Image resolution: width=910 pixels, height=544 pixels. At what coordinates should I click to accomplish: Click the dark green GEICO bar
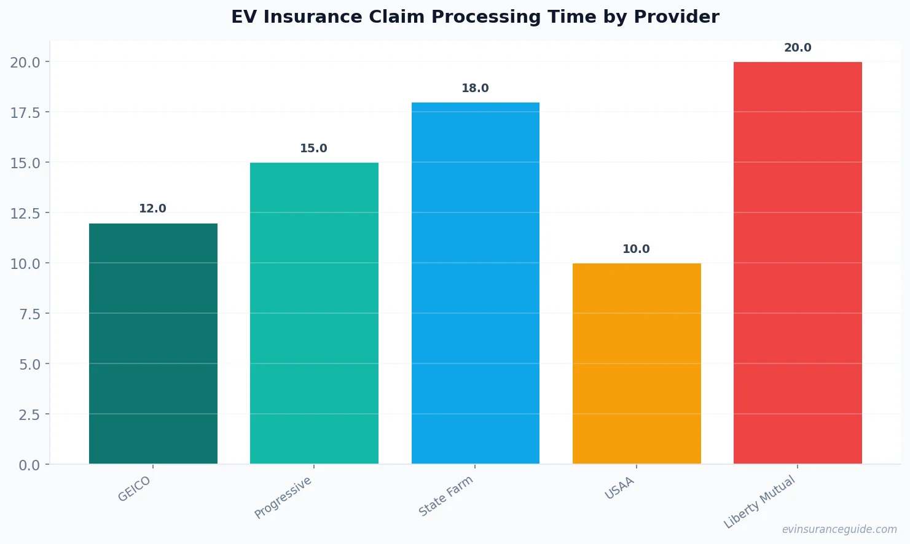153,344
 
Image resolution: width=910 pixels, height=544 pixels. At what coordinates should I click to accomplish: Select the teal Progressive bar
314,313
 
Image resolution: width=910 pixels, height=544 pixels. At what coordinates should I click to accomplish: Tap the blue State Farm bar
475,283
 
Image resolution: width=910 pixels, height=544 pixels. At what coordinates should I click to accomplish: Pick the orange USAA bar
637,363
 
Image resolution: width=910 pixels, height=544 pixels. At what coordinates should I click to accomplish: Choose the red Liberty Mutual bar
798,263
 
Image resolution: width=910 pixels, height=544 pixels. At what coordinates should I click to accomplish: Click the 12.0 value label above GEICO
152,209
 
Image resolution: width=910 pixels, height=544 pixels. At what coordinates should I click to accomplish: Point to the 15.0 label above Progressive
313,149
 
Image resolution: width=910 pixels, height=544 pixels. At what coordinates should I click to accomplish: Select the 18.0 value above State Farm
475,88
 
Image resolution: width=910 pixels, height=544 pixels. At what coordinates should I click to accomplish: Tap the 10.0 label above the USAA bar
636,249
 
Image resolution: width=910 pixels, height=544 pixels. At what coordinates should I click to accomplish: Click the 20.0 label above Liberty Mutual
798,48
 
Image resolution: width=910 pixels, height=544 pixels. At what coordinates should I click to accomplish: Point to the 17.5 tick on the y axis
25,113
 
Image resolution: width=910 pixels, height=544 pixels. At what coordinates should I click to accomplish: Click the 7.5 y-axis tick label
29,314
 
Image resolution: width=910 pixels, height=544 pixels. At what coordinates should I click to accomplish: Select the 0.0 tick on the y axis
29,465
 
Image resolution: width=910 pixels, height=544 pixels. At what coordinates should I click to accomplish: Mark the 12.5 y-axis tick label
25,214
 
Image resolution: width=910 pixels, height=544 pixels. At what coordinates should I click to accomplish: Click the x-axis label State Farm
446,496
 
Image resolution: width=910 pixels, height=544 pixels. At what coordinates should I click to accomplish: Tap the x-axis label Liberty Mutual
759,502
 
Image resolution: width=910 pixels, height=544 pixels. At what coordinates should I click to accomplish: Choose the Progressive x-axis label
283,497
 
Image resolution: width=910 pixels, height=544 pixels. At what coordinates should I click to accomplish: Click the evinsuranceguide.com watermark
839,529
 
